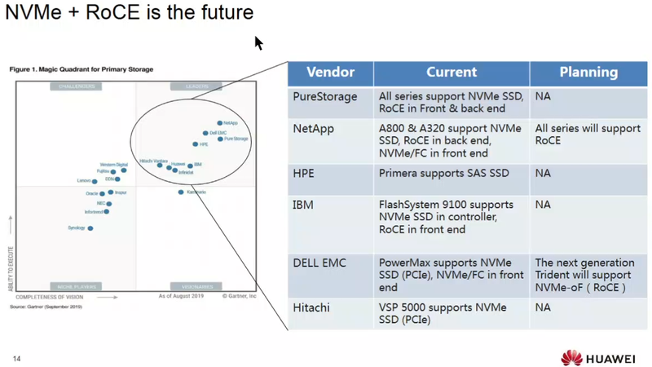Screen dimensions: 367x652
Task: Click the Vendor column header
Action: (330, 73)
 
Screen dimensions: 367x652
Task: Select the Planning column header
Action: (588, 73)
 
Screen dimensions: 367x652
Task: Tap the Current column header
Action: (452, 73)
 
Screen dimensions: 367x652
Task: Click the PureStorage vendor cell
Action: (325, 97)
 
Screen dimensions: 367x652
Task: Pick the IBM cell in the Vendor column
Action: (303, 205)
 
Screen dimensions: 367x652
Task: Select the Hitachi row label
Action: (311, 307)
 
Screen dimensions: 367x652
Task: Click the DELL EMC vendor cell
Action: (319, 263)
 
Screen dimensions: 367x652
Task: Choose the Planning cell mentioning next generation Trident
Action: (584, 275)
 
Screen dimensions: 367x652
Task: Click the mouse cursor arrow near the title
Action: (258, 42)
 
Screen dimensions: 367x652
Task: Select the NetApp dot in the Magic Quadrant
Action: (220, 123)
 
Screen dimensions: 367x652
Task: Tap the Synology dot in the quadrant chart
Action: (90, 228)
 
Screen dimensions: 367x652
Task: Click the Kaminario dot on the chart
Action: (181, 192)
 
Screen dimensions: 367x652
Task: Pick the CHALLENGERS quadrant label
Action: (77, 86)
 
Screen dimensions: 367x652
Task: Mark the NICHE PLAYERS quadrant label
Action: (77, 287)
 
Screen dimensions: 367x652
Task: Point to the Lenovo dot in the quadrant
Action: (95, 181)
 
